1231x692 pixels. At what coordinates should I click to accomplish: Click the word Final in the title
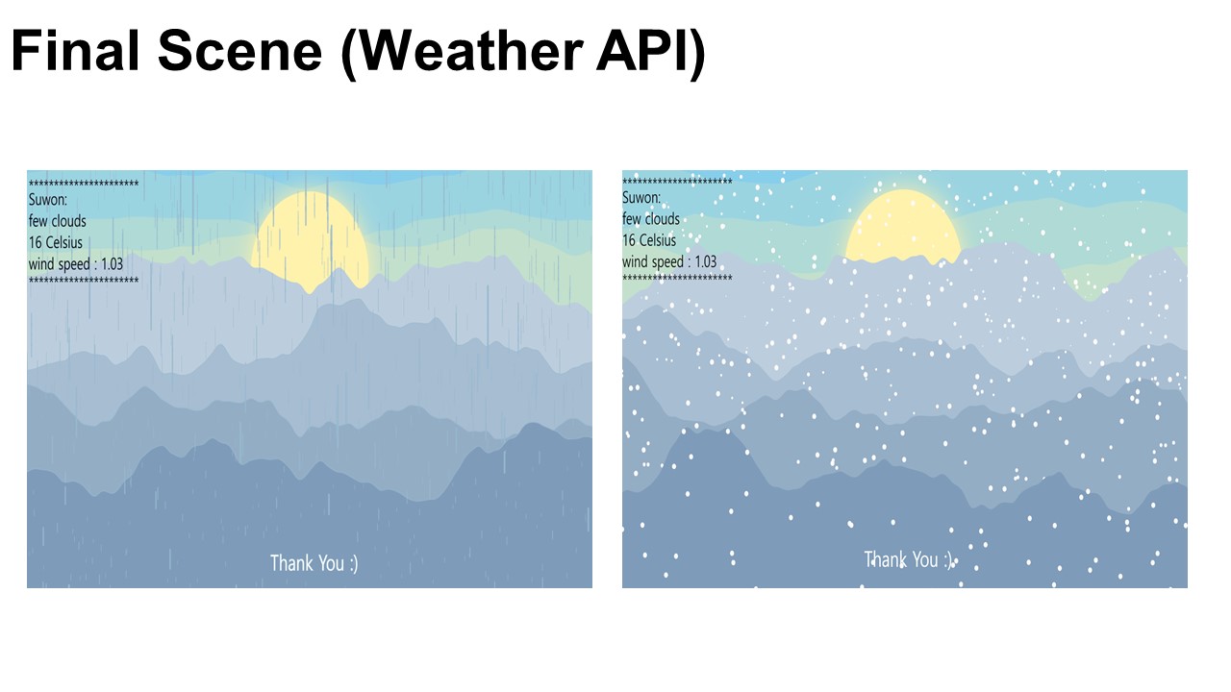(75, 51)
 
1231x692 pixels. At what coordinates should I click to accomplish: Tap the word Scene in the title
(239, 51)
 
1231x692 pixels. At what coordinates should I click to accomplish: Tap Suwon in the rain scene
(47, 200)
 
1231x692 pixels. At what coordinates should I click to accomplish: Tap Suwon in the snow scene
(641, 198)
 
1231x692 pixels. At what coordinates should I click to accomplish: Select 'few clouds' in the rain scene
(57, 221)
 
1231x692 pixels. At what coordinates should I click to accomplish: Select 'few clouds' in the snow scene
(651, 219)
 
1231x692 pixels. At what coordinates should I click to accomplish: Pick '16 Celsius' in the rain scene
(56, 243)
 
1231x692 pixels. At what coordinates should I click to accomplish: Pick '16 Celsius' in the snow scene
(649, 240)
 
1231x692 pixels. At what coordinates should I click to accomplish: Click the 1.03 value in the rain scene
(113, 264)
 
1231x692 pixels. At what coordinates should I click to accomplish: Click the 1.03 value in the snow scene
(706, 262)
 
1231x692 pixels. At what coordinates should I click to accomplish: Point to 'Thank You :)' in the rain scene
(314, 563)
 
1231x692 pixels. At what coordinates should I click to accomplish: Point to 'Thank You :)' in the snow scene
(908, 560)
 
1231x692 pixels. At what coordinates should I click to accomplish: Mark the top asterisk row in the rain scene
(84, 184)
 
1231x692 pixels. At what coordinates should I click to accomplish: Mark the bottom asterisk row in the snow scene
(677, 278)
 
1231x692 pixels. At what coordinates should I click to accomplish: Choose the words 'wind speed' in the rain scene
(60, 264)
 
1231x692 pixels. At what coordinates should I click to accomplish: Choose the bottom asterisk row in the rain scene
(84, 281)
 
